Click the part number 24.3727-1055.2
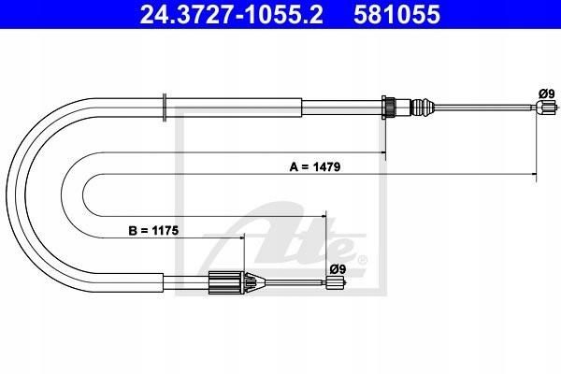click(231, 14)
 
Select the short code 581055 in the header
click(396, 14)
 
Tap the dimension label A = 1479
click(315, 166)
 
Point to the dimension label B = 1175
click(153, 231)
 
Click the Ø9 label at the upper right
click(547, 94)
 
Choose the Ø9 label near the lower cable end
click(338, 268)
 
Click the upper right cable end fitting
click(546, 107)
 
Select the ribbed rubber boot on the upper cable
click(423, 107)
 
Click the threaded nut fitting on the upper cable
click(389, 107)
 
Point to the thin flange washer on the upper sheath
click(165, 108)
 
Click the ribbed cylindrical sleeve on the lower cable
click(226, 282)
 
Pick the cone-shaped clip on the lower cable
click(254, 282)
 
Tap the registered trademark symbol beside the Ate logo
click(362, 260)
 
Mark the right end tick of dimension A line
click(536, 174)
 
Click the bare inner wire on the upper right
click(483, 107)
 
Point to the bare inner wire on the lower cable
click(295, 282)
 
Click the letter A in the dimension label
click(294, 166)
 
